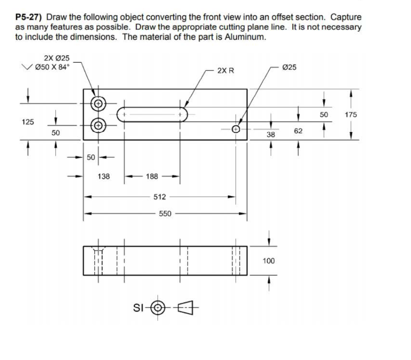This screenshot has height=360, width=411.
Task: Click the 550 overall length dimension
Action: pyautogui.click(x=165, y=214)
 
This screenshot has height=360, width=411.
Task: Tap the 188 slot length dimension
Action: pyautogui.click(x=152, y=176)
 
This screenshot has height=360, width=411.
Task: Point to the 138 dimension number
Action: pyautogui.click(x=104, y=176)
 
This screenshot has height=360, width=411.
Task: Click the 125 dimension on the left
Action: pyautogui.click(x=28, y=121)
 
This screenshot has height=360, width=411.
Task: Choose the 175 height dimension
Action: pyautogui.click(x=351, y=115)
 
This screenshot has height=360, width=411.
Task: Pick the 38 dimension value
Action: pyautogui.click(x=271, y=135)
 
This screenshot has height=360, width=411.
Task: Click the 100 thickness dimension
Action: pyautogui.click(x=269, y=261)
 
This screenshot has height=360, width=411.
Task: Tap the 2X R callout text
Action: pyautogui.click(x=226, y=71)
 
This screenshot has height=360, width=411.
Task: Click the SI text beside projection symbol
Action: pyautogui.click(x=137, y=308)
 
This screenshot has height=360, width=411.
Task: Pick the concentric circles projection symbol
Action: pyautogui.click(x=160, y=308)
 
